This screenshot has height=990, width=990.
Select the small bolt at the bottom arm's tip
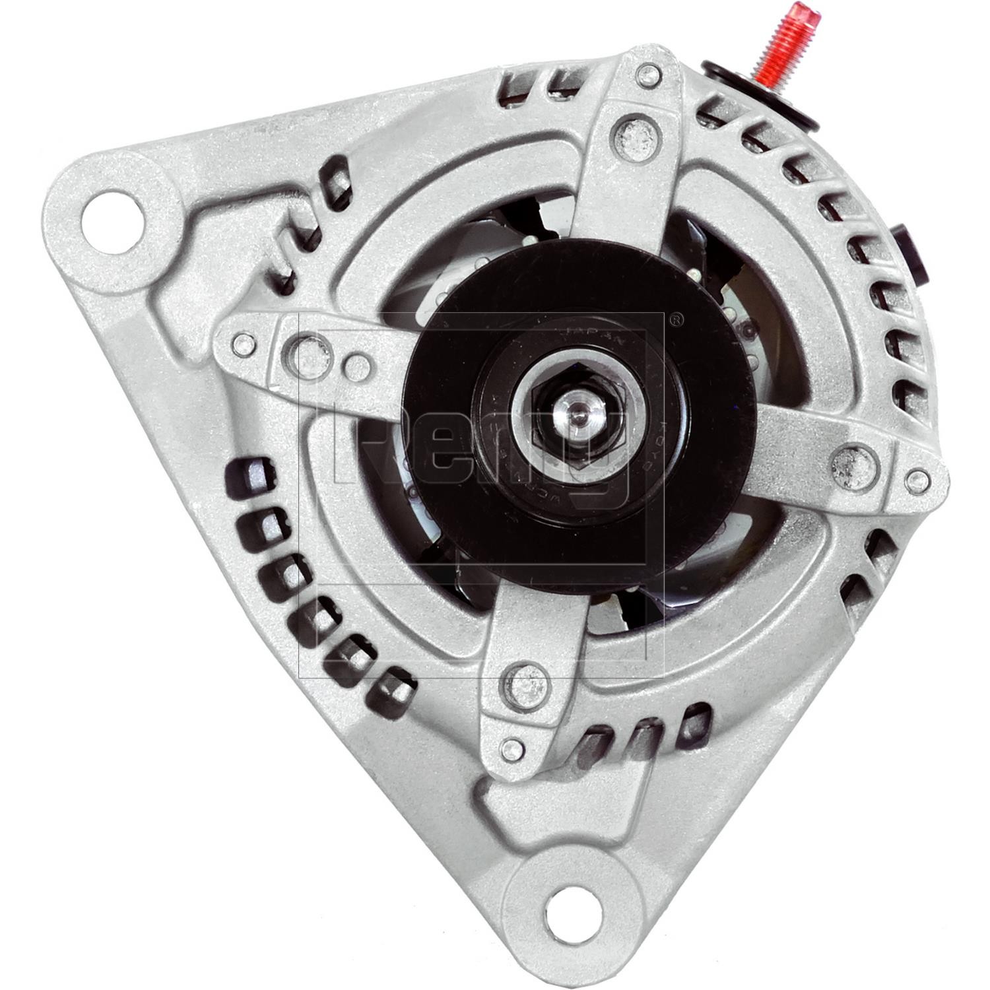[510, 748]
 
